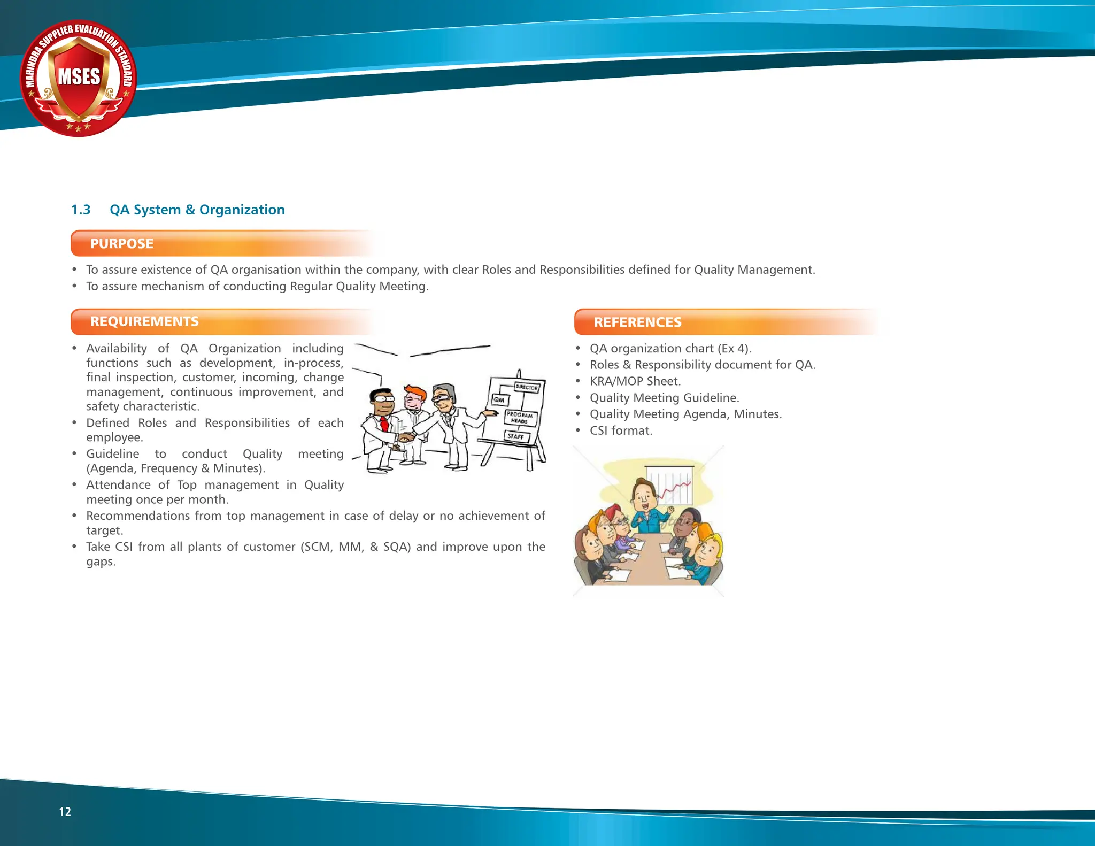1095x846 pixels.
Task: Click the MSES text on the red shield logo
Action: [x=79, y=76]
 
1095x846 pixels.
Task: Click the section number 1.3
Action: [x=81, y=210]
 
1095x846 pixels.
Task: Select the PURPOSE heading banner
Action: [x=122, y=244]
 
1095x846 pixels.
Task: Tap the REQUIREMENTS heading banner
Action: [x=144, y=321]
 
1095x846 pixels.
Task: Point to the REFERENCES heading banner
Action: [x=637, y=322]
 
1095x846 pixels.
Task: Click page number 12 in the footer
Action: [x=65, y=812]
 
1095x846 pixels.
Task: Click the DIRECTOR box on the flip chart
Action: [x=527, y=387]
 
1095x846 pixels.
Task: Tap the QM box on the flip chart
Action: [x=499, y=399]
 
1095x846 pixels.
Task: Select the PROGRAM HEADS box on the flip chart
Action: [x=520, y=418]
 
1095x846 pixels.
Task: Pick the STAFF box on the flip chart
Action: [x=516, y=436]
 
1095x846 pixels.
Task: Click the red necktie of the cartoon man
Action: [x=384, y=425]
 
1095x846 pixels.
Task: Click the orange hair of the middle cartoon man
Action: [x=414, y=392]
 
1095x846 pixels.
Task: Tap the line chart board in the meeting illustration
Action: [x=669, y=486]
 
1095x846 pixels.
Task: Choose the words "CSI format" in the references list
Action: [x=621, y=431]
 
